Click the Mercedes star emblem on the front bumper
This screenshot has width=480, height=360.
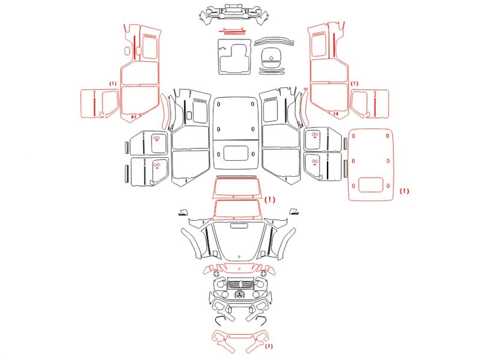239,295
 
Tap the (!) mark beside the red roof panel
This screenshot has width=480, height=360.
404,191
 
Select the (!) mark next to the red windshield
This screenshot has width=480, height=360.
269,200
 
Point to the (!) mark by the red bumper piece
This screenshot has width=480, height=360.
268,346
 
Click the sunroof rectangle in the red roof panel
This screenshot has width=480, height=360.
371,185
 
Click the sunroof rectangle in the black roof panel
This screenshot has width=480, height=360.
235,154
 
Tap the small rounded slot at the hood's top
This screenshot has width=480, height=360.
239,226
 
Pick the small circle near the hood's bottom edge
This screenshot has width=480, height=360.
239,257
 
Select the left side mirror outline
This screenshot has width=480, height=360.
184,212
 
